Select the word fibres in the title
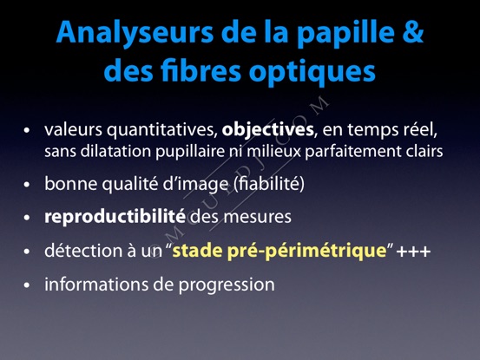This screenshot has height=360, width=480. coord(201,70)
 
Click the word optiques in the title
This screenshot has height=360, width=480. coord(312,73)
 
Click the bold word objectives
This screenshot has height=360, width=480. coord(268,129)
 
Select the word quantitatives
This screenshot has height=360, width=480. coord(162,130)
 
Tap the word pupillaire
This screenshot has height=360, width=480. coord(190,152)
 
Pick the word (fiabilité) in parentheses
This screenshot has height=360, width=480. coord(269,184)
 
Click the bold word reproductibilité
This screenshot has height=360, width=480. coord(115,217)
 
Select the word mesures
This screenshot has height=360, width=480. coord(257,218)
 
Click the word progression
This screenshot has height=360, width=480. coord(227,285)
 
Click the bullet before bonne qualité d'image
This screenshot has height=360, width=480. coord(27,185)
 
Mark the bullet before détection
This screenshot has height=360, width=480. coord(27,252)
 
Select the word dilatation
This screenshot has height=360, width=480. coord(115,152)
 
